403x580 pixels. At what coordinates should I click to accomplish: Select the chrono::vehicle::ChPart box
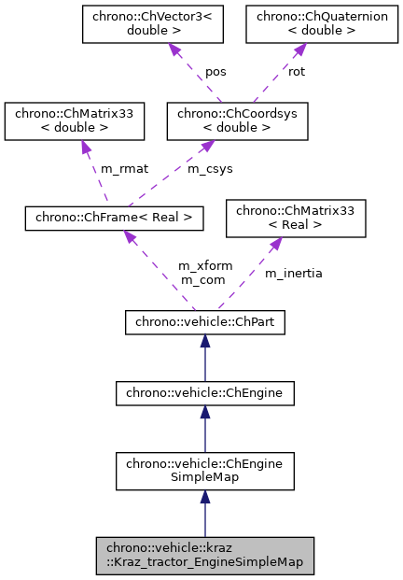coord(204,322)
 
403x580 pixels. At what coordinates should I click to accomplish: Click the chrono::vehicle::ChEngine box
coord(204,393)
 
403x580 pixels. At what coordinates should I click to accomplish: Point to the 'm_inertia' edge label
coord(293,273)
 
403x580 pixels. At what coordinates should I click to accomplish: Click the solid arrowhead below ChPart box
coord(204,342)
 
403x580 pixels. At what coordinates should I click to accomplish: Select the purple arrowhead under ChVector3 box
coord(173,50)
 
